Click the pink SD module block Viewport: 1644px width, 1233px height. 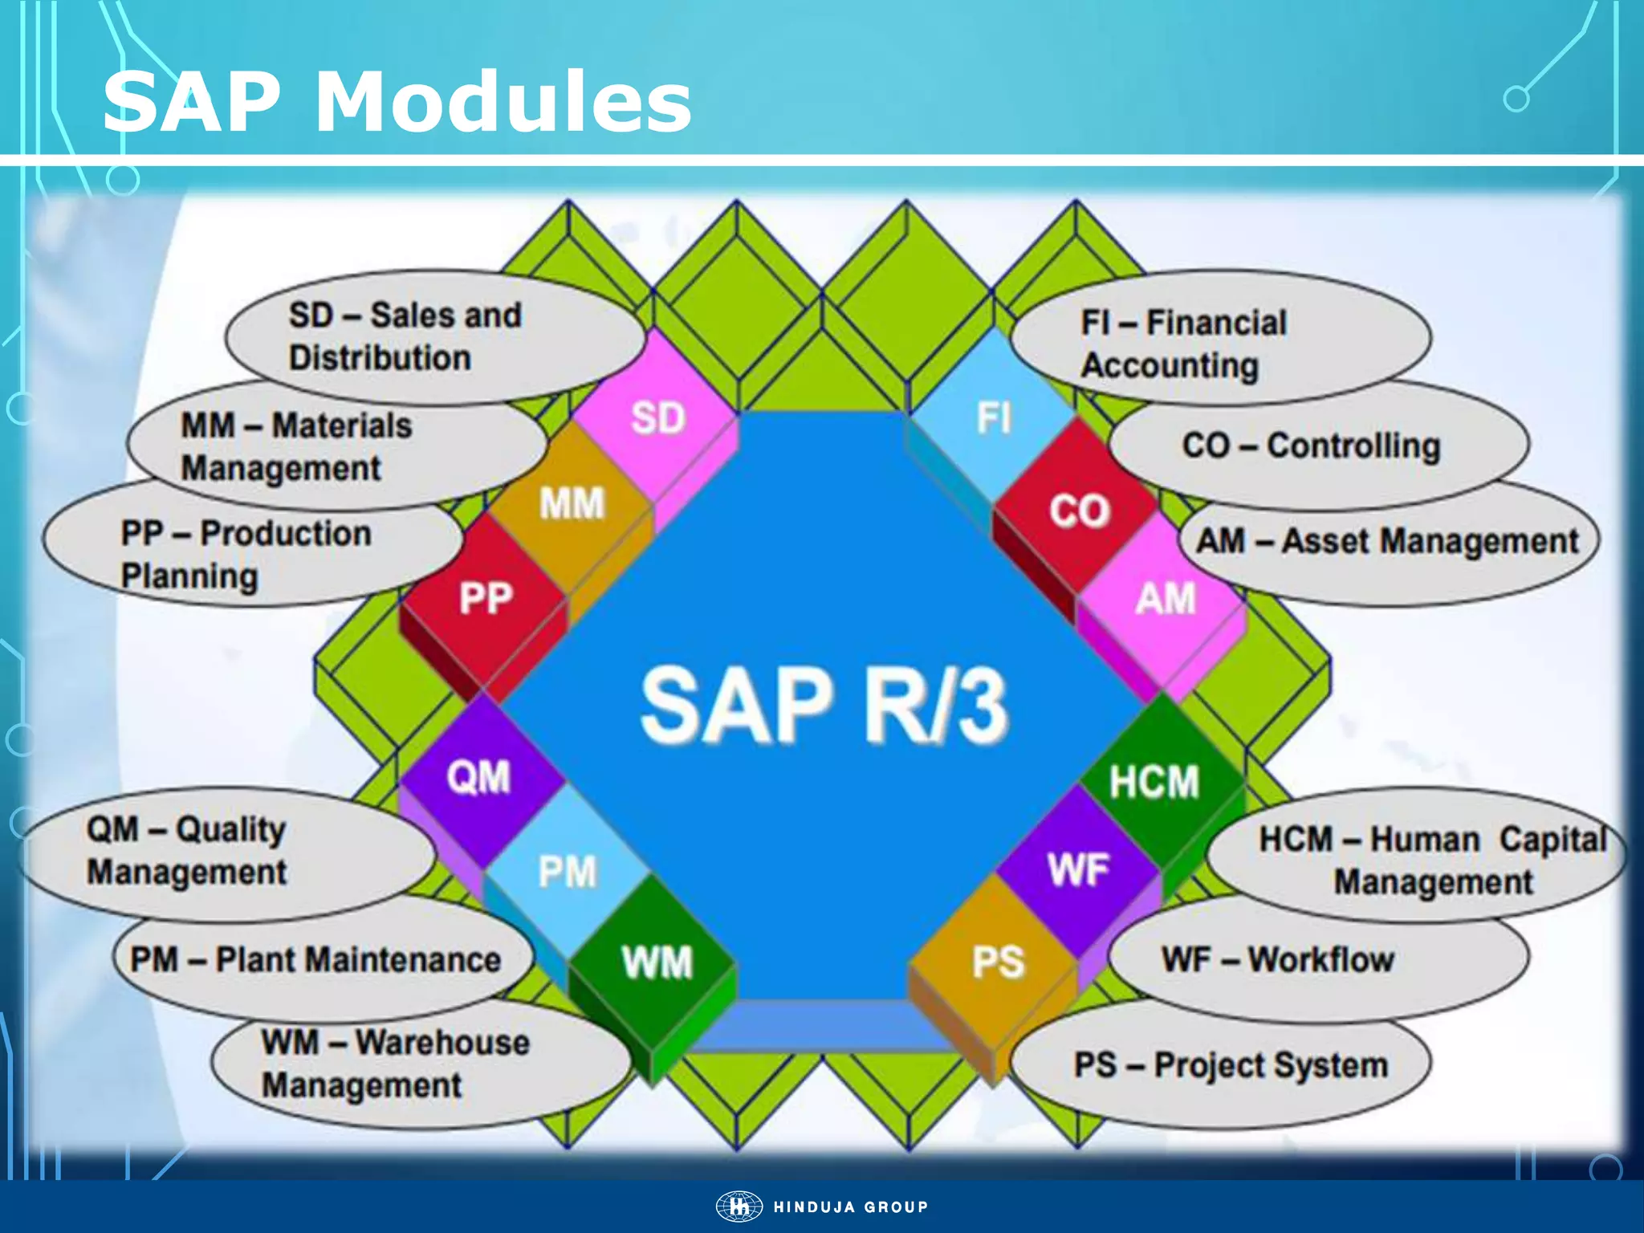(657, 419)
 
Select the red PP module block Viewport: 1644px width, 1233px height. (485, 599)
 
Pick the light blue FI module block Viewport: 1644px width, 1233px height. (993, 417)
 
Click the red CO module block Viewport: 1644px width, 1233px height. (1078, 511)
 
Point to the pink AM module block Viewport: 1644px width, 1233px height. (1164, 599)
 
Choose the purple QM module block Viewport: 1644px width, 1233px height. (479, 777)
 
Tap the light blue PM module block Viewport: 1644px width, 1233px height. (567, 872)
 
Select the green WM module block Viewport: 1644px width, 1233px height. (656, 962)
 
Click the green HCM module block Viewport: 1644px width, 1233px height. (1154, 781)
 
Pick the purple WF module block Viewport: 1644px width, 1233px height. (1078, 870)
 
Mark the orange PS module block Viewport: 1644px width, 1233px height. (997, 962)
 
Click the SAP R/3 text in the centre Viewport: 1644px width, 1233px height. (824, 705)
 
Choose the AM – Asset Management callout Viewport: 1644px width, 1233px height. (1387, 542)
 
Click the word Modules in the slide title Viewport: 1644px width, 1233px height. (503, 103)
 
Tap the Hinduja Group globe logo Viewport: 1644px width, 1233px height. (739, 1207)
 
